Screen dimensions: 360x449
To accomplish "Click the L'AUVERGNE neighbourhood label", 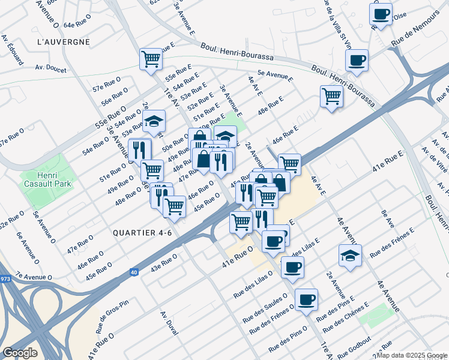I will pos(63,42).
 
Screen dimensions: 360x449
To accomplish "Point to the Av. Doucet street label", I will pos(50,69).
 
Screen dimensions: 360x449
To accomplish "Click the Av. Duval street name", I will pos(170,324).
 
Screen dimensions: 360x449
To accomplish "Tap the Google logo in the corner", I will pos(20,352).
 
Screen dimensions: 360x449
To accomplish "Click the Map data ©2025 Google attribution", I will pos(411,355).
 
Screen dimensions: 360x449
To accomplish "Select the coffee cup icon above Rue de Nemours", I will pos(380,14).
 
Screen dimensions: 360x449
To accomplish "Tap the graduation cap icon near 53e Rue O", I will pos(154,122).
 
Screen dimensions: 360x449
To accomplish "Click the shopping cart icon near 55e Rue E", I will pos(151,59).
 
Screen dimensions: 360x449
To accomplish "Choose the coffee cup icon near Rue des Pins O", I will pos(306,299).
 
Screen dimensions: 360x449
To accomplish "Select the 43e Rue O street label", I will pos(164,263).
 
